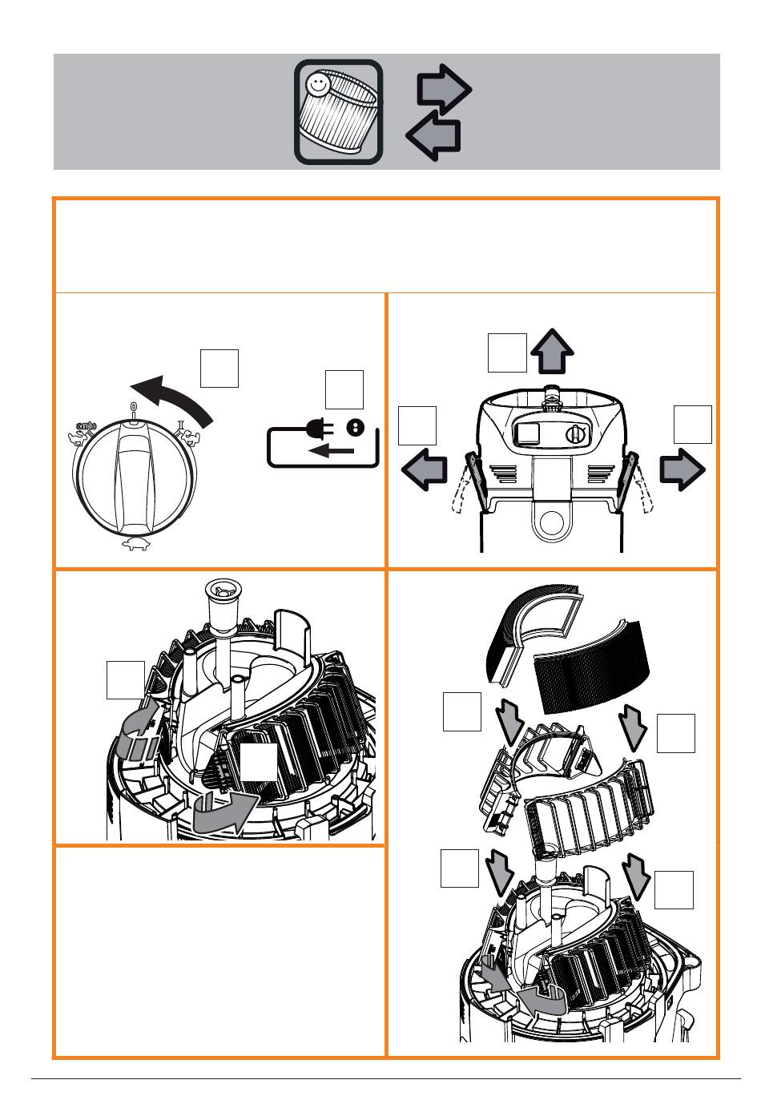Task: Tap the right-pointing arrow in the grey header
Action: click(x=444, y=90)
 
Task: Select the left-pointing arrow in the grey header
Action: click(x=433, y=135)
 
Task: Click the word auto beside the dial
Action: click(x=86, y=426)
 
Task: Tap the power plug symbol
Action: click(x=320, y=428)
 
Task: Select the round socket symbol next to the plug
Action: click(x=355, y=427)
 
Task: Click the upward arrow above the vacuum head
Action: click(x=552, y=352)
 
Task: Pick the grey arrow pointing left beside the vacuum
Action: click(x=425, y=469)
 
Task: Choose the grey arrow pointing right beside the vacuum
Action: click(x=682, y=469)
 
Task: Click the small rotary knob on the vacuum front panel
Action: click(x=575, y=434)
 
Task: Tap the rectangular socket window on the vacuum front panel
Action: click(x=528, y=433)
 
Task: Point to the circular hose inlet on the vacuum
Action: click(x=552, y=523)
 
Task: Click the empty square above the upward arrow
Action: click(x=507, y=353)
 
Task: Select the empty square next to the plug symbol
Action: click(x=344, y=390)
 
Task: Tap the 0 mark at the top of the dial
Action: click(x=133, y=407)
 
